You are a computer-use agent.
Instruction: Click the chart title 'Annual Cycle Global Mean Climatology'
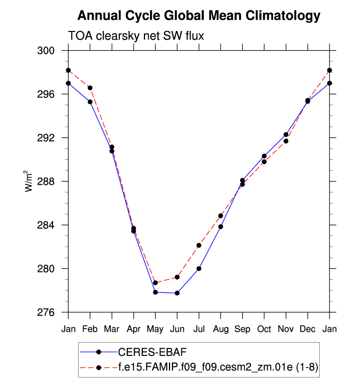(199, 16)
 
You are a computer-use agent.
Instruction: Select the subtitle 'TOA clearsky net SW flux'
(136, 36)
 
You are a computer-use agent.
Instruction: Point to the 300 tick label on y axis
(52, 51)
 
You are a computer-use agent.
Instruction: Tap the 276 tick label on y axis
(52, 312)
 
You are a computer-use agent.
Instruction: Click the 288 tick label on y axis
(52, 181)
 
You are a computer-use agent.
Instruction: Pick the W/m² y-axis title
(30, 181)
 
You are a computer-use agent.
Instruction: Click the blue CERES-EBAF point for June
(177, 293)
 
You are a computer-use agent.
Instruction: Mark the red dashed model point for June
(177, 277)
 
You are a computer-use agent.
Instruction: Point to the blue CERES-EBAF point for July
(199, 268)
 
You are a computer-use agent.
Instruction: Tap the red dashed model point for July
(199, 245)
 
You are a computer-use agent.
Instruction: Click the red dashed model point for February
(90, 88)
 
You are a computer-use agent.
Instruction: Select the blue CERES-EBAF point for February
(90, 102)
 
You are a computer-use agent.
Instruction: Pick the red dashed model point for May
(155, 283)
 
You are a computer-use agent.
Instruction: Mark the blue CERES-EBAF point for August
(221, 227)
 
